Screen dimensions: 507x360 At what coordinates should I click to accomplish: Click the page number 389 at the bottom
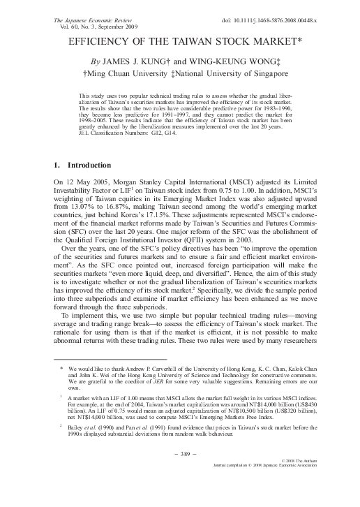[180, 473]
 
